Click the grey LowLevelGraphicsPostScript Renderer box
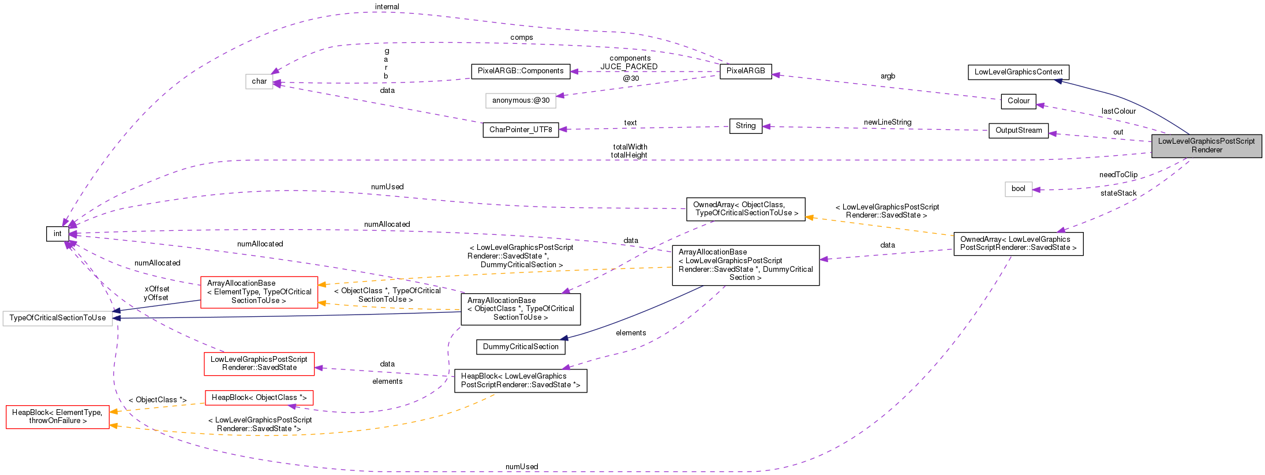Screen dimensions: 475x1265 tap(1206, 145)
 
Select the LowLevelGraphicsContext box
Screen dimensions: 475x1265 tap(1018, 72)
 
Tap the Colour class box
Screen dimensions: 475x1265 tap(1018, 101)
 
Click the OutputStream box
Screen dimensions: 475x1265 tap(1018, 130)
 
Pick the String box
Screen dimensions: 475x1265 tap(745, 126)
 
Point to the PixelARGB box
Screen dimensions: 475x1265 tap(745, 71)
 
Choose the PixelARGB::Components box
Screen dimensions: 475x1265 tap(520, 71)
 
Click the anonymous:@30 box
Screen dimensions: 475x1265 tap(520, 100)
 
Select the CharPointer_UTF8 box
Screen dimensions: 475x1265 tap(520, 130)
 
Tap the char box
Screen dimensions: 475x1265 tap(259, 81)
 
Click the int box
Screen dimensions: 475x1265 tap(57, 234)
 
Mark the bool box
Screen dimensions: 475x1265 tap(1018, 189)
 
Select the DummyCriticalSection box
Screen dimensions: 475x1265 tap(520, 347)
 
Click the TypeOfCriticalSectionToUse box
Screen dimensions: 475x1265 tap(57, 318)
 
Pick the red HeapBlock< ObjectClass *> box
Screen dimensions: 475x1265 tap(259, 398)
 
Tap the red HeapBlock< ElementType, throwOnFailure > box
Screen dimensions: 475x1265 tap(57, 417)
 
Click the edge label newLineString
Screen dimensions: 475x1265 tap(887, 122)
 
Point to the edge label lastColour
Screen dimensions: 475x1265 tap(1118, 111)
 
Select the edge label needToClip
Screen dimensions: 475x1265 tap(1118, 175)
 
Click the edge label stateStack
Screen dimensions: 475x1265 tap(1118, 193)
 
